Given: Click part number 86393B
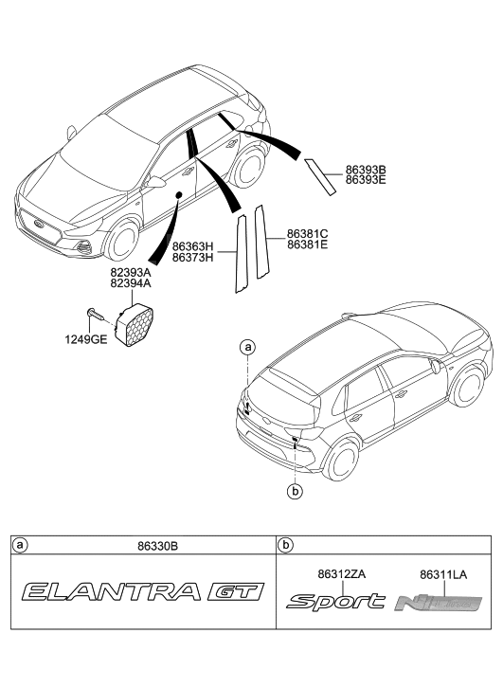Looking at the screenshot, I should click(x=366, y=169).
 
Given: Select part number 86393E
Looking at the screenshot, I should click(x=366, y=179).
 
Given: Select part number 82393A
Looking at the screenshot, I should click(x=132, y=271).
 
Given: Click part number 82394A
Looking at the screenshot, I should click(x=132, y=281).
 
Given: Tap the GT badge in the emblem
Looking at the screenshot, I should click(x=232, y=593).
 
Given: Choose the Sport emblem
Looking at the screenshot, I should click(x=335, y=602).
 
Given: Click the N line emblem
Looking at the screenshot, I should click(x=439, y=602).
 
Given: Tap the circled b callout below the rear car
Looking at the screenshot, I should click(x=296, y=491).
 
